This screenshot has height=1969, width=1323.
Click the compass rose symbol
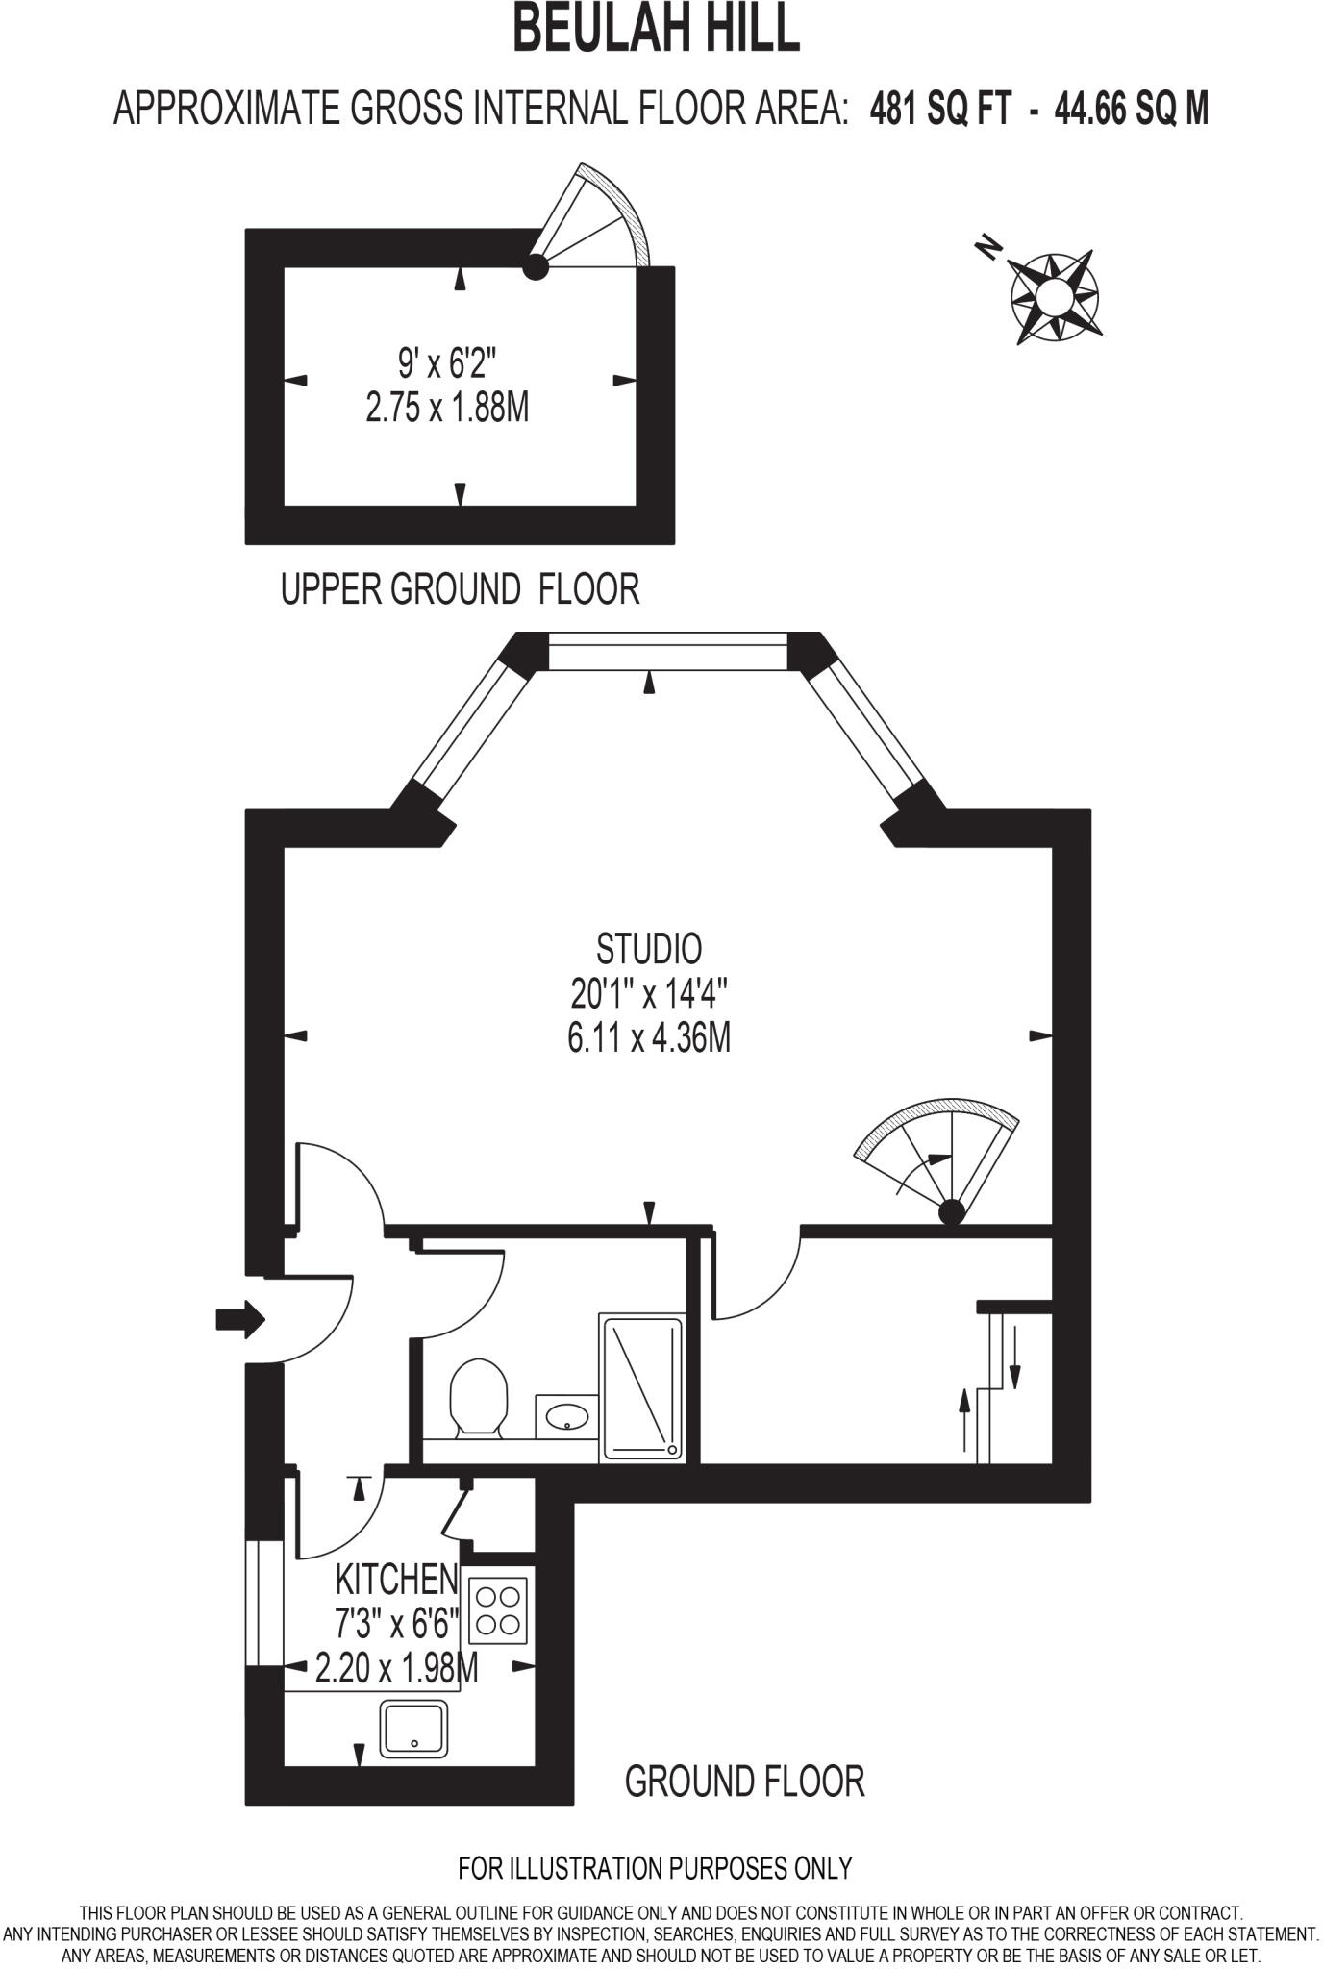pyautogui.click(x=1054, y=296)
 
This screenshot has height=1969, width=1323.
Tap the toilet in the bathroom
pyautogui.click(x=478, y=1397)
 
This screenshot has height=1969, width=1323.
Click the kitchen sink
pyautogui.click(x=414, y=1729)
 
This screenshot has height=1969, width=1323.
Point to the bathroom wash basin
pyautogui.click(x=566, y=1415)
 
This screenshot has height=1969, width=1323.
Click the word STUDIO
pyautogui.click(x=649, y=949)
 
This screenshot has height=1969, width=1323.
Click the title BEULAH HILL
pyautogui.click(x=657, y=30)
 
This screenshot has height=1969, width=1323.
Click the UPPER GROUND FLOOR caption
pyautogui.click(x=460, y=588)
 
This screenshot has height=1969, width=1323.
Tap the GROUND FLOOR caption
pyautogui.click(x=744, y=1782)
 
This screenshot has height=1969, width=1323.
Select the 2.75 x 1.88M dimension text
pyautogui.click(x=447, y=409)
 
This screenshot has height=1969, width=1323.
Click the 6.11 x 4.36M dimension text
pyautogui.click(x=649, y=1038)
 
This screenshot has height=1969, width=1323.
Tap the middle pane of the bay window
pyautogui.click(x=667, y=651)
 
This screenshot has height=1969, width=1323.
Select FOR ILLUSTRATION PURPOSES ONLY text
pyautogui.click(x=655, y=1868)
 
